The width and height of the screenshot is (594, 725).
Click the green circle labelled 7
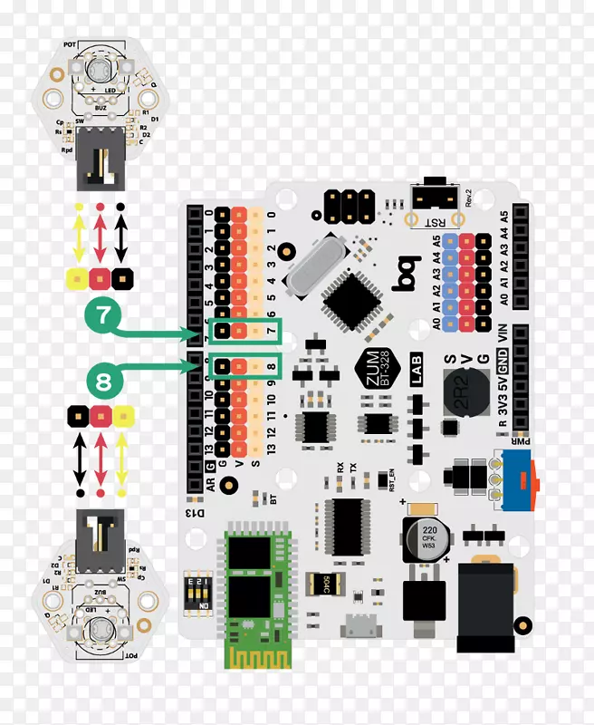pyautogui.click(x=103, y=317)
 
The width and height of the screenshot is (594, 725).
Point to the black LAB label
pyautogui.click(x=417, y=374)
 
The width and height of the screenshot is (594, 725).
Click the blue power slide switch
pyautogui.click(x=518, y=477)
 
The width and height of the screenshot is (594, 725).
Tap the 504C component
pyautogui.click(x=321, y=583)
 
